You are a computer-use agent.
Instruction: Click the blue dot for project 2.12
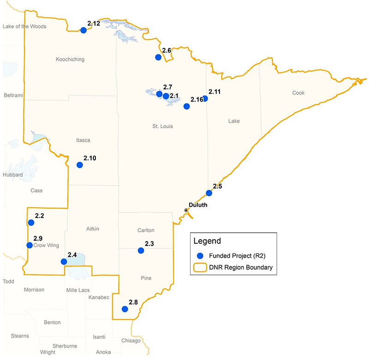(83, 30)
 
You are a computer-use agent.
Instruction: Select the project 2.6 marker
(158, 57)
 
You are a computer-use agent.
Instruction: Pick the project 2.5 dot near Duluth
(209, 193)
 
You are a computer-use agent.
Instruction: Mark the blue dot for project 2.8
(124, 309)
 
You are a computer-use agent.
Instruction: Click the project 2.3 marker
(141, 251)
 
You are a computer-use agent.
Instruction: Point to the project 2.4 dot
(64, 262)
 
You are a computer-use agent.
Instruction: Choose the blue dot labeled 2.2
(31, 223)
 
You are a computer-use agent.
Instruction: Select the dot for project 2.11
(205, 99)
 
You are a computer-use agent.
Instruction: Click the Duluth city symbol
(186, 210)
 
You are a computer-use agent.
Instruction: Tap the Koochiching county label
(70, 59)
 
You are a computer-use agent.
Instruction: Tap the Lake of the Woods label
(24, 26)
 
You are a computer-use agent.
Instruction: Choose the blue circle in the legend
(200, 255)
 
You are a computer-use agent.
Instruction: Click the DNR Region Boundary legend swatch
(200, 267)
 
